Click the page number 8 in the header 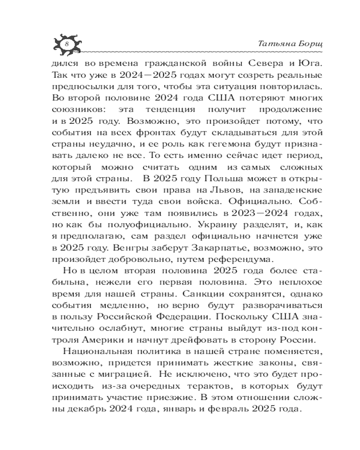(x=66, y=44)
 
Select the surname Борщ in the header (x=297, y=44)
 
